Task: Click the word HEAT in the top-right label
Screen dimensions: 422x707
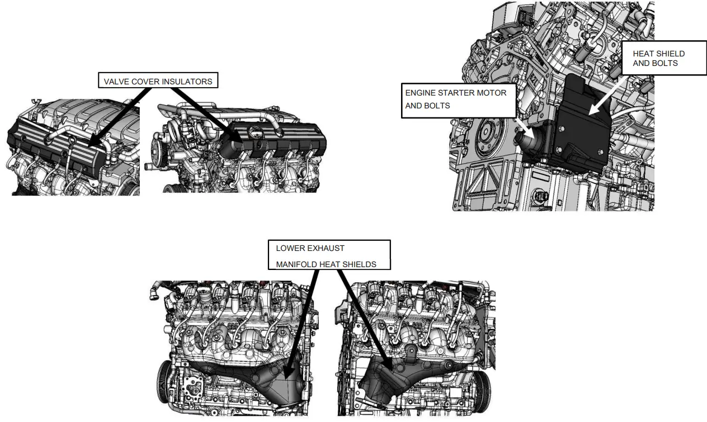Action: pos(643,54)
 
